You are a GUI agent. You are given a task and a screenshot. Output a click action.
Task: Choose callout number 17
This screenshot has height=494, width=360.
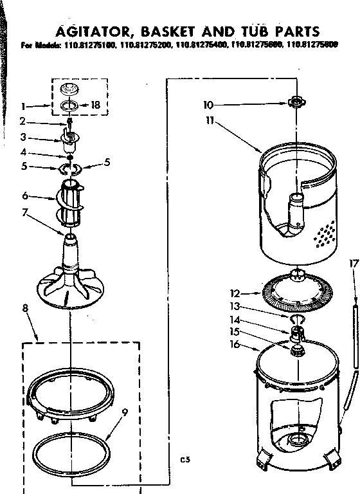[x=351, y=262]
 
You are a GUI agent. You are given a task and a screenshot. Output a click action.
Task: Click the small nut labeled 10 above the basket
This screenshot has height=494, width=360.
[x=295, y=101]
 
